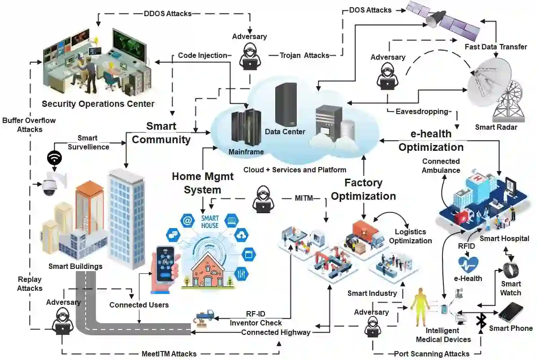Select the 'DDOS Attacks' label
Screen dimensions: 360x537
[x=167, y=13]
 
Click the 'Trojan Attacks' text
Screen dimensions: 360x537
[x=304, y=55]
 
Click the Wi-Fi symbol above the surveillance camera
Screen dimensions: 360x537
[x=54, y=158]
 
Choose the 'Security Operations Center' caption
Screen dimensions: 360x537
[x=98, y=104]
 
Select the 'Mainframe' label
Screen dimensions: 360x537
[x=246, y=152]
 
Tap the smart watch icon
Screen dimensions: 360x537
[x=511, y=270]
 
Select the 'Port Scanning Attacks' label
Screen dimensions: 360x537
[x=431, y=354]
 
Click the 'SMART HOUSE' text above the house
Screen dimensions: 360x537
[x=210, y=221]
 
